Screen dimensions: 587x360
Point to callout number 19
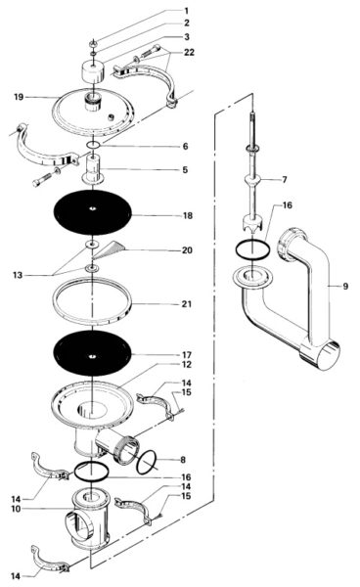tap(19, 98)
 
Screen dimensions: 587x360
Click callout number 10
tap(17, 508)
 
